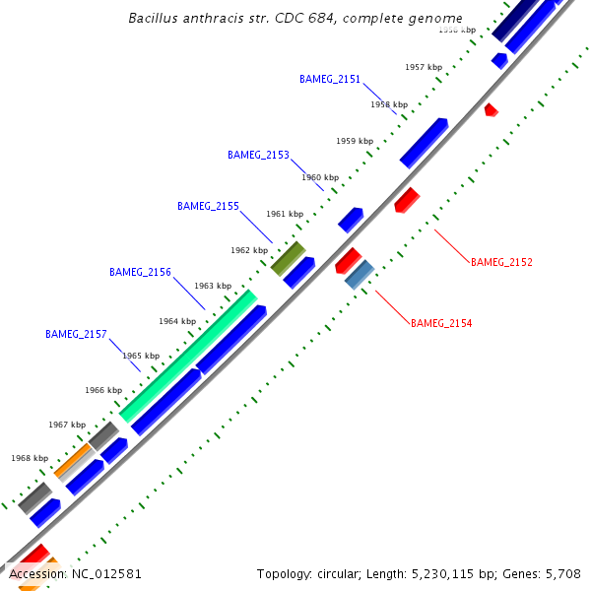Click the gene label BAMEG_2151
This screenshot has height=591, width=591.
[x=330, y=79]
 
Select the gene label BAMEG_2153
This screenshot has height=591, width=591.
[x=258, y=155]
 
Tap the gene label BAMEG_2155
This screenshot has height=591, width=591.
[x=208, y=206]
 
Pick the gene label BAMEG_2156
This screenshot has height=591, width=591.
[x=140, y=272]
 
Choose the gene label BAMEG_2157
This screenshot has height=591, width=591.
[x=76, y=334]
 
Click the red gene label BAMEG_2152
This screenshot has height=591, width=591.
[x=501, y=262]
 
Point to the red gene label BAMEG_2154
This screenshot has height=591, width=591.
[x=441, y=323]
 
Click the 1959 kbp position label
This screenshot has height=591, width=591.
[x=355, y=141]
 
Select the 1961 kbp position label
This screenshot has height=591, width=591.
[x=285, y=214]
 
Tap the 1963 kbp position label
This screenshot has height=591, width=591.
[x=213, y=286]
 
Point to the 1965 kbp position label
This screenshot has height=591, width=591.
[x=141, y=356]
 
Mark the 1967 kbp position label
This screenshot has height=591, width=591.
[x=67, y=425]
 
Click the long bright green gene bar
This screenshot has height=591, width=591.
[x=188, y=356]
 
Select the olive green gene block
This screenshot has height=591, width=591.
[x=288, y=258]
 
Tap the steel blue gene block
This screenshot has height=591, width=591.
[x=360, y=274]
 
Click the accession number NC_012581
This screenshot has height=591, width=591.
[x=101, y=573]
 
